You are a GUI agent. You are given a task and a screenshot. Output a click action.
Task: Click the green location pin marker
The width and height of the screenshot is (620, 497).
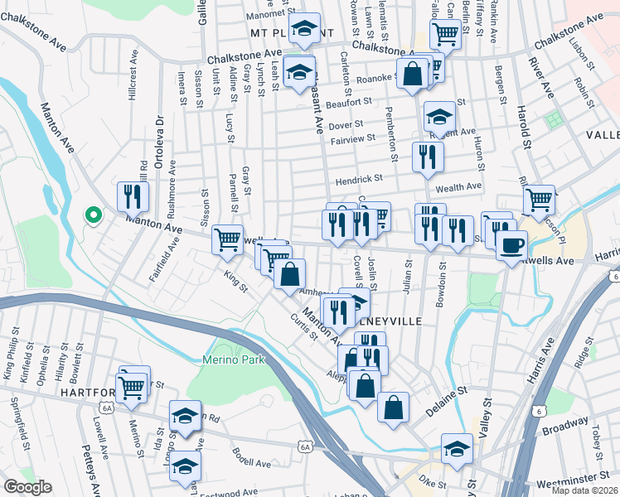[x=94, y=216]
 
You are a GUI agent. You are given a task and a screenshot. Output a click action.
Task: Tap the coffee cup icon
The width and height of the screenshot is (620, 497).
[x=511, y=244]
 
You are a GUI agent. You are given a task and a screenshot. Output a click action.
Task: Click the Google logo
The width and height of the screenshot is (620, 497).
[x=27, y=487]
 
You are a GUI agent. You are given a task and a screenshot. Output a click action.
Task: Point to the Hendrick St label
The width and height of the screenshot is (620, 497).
[x=358, y=179]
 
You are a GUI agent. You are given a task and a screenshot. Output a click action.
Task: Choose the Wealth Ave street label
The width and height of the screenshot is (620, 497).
[x=463, y=187]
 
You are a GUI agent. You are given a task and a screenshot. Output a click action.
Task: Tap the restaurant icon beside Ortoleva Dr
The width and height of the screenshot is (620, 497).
[x=133, y=196]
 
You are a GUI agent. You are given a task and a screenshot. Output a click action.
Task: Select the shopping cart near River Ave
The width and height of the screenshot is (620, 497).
[x=539, y=198]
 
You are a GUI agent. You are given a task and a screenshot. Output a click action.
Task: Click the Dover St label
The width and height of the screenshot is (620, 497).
[x=346, y=124]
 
